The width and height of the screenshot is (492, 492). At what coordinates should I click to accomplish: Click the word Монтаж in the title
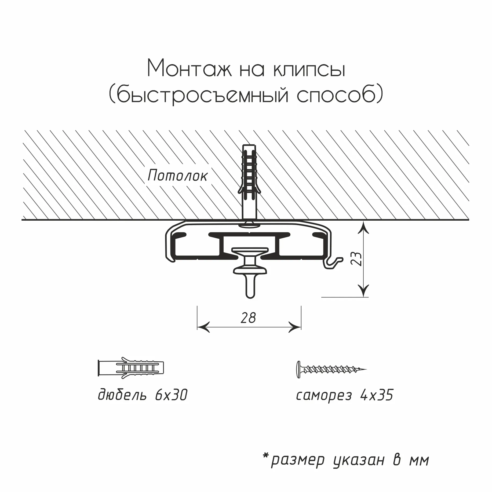[x=190, y=69]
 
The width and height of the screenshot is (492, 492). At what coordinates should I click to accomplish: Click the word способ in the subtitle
[x=335, y=96]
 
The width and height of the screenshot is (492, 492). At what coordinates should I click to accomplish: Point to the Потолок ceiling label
[x=177, y=176]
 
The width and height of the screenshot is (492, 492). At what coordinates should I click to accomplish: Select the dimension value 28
[x=248, y=318]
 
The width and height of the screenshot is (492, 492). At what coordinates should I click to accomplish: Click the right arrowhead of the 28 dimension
[x=294, y=327]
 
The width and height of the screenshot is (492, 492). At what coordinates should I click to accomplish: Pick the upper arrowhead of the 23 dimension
[x=363, y=227]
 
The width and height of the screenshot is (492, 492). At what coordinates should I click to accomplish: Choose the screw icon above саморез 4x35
[x=331, y=370]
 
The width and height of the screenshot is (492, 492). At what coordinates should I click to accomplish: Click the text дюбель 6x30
[x=142, y=395]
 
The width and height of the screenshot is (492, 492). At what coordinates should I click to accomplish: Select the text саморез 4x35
[x=345, y=395]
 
